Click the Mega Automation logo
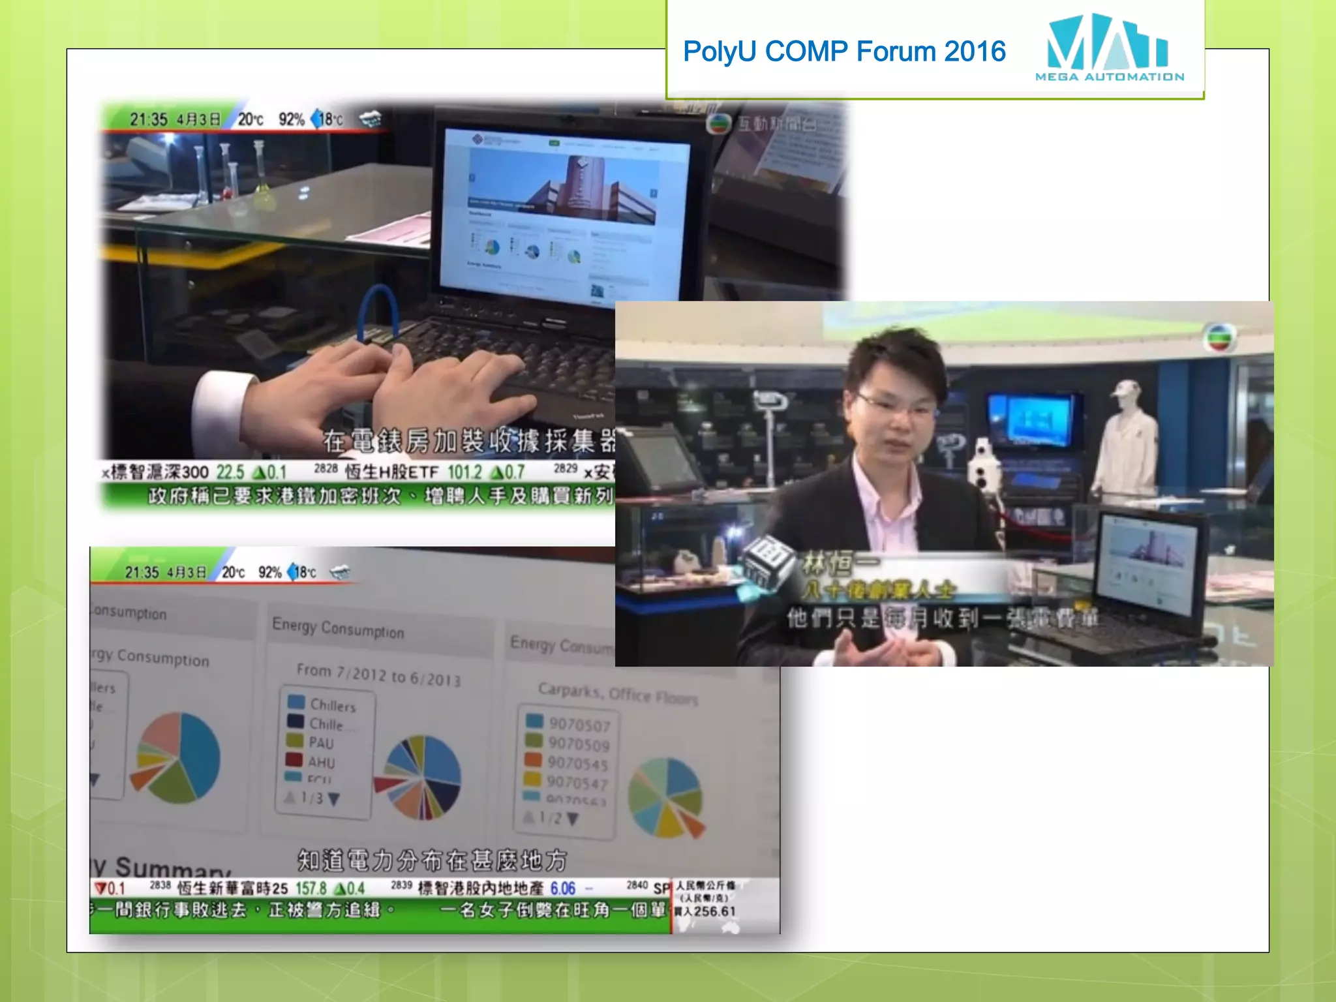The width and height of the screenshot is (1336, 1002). tap(1108, 48)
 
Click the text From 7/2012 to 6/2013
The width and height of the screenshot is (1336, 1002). tap(378, 675)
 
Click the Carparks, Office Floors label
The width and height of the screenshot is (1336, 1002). tap(617, 693)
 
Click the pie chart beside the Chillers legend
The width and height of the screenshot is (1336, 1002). tap(421, 776)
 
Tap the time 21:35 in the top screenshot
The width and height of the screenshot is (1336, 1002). tap(148, 119)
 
